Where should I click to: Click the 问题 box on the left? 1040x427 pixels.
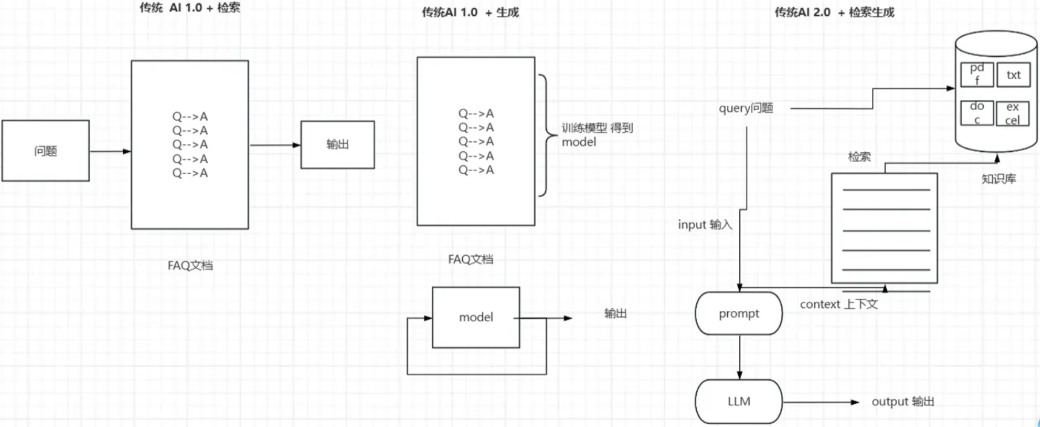point(45,151)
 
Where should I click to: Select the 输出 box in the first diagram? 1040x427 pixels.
point(338,145)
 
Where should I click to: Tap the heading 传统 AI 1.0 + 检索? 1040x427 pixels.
point(189,8)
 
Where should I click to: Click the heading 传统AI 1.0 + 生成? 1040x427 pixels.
point(470,12)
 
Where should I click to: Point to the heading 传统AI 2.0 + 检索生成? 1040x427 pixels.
point(834,12)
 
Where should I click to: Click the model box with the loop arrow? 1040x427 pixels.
point(476,317)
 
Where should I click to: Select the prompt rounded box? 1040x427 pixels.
point(739,313)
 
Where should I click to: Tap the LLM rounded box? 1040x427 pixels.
point(739,402)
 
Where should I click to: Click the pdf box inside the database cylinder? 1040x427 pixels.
point(976,74)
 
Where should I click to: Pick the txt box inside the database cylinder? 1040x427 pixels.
point(1013,75)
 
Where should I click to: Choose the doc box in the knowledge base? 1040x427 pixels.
point(976,112)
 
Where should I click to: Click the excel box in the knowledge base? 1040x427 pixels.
point(1013,113)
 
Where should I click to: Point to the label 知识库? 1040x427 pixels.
point(998,179)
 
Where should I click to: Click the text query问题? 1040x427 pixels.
point(746,108)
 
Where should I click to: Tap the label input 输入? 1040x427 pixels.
point(705,225)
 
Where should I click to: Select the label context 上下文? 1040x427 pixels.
point(839,304)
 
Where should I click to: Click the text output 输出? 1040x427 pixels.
point(903,402)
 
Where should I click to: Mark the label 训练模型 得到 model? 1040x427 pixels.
point(597,135)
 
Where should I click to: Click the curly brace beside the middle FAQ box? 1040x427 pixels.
point(546,135)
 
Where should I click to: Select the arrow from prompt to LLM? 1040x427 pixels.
point(739,357)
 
